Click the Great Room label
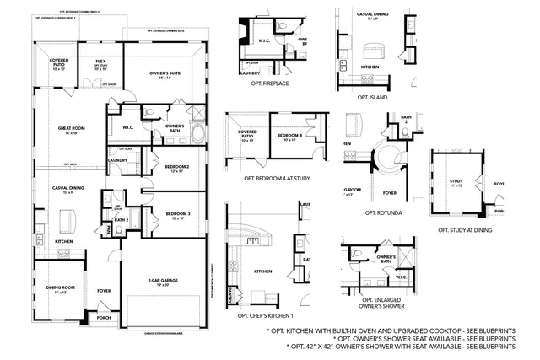[68, 128]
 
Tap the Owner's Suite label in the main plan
[165, 73]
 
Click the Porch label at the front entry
[104, 318]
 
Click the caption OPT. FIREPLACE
[271, 84]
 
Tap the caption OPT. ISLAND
[371, 97]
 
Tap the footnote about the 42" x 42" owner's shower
[400, 347]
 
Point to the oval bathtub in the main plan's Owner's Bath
[198, 134]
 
